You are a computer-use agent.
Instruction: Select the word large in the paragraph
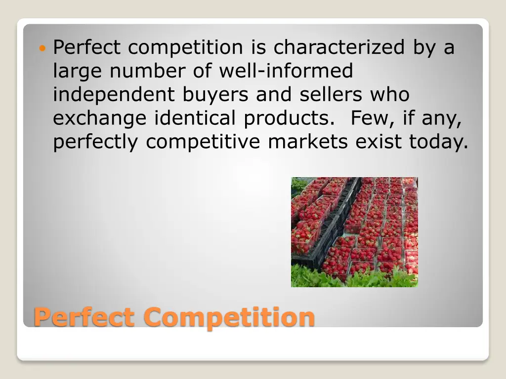[78, 72]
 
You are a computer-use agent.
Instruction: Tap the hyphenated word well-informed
[286, 71]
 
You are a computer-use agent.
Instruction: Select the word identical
[196, 118]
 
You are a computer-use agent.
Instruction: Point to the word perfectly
[96, 143]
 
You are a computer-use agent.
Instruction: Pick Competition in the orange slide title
[229, 317]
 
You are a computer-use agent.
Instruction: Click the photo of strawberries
[354, 232]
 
